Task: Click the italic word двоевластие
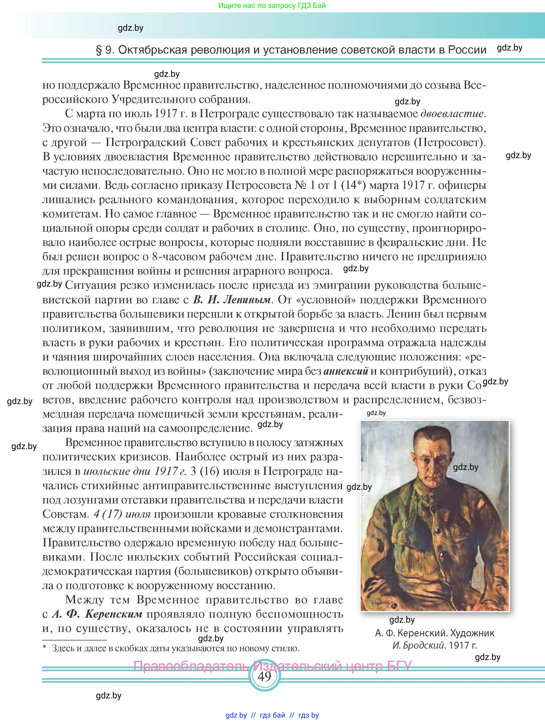(452, 114)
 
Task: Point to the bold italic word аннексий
(346, 371)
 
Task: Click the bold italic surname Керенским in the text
(113, 614)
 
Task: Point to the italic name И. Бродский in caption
(419, 645)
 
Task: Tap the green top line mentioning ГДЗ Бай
(272, 5)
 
